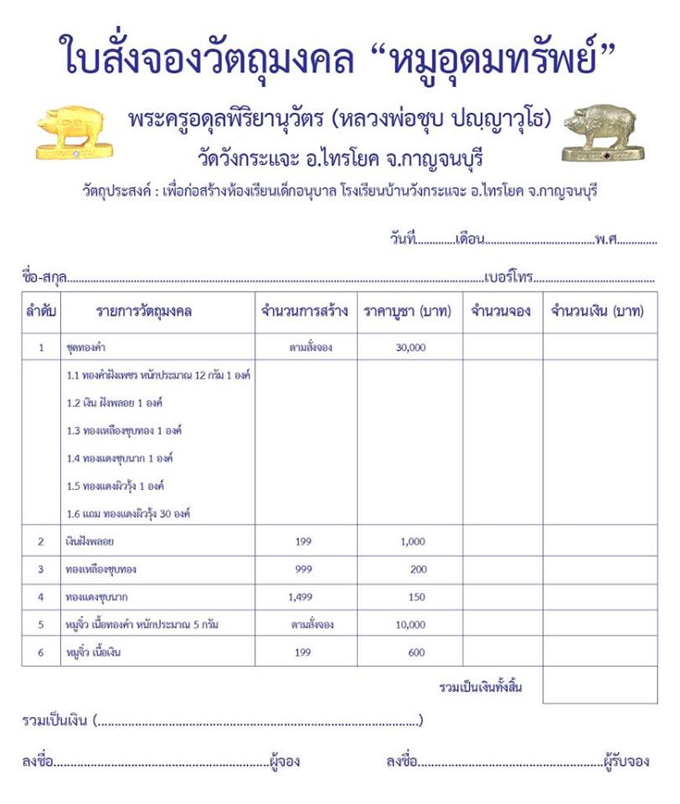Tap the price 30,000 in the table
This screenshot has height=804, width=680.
tap(410, 347)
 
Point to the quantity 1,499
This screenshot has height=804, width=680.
tap(302, 597)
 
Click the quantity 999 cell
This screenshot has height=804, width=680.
tap(303, 569)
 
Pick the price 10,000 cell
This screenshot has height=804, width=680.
tap(410, 625)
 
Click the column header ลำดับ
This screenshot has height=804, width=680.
tap(41, 312)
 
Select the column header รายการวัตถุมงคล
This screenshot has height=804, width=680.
tap(144, 312)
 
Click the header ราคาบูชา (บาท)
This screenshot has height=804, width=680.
tap(410, 312)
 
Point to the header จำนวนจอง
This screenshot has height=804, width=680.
tap(501, 312)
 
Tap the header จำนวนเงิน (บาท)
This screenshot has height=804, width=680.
tap(597, 312)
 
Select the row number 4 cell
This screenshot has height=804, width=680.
tap(41, 597)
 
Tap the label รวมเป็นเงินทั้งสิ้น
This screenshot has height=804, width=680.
tap(481, 688)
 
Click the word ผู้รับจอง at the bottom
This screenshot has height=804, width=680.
tap(626, 762)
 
